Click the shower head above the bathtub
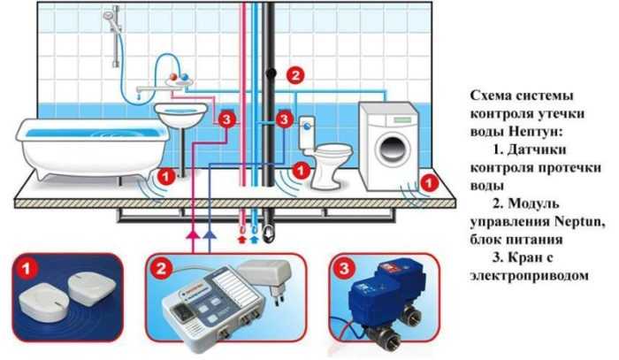(110, 17)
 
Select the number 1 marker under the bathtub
(165, 175)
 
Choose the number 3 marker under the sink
(227, 119)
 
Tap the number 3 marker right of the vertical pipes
(284, 118)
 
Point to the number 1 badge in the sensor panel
(29, 264)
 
